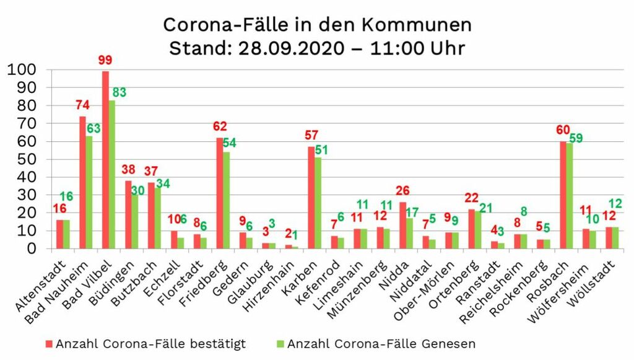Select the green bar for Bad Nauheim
[89, 192]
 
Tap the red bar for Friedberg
[220, 193]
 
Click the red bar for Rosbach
[563, 195]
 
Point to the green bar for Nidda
[409, 233]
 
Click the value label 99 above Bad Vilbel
[105, 61]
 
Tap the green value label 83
[119, 92]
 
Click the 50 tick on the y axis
[26, 159]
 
